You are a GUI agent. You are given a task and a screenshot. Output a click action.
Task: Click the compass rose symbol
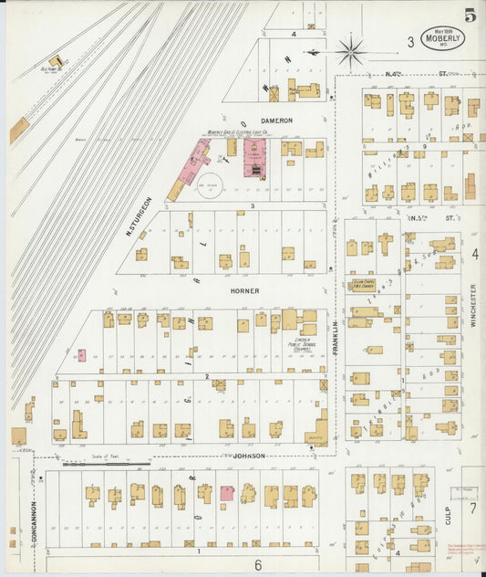pyautogui.click(x=350, y=51)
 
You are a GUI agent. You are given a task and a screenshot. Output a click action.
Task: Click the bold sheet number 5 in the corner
pyautogui.click(x=470, y=15)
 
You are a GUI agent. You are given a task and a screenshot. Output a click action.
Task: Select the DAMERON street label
pyautogui.click(x=276, y=121)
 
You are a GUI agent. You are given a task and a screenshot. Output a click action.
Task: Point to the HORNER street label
pyautogui.click(x=243, y=291)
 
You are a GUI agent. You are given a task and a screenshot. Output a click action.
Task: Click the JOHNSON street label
pyautogui.click(x=248, y=456)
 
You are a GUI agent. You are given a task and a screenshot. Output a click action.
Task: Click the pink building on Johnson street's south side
pyautogui.click(x=226, y=493)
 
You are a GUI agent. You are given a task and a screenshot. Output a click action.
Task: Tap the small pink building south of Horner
pyautogui.click(x=82, y=355)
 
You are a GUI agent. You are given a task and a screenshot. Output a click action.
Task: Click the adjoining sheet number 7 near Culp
pyautogui.click(x=472, y=508)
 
